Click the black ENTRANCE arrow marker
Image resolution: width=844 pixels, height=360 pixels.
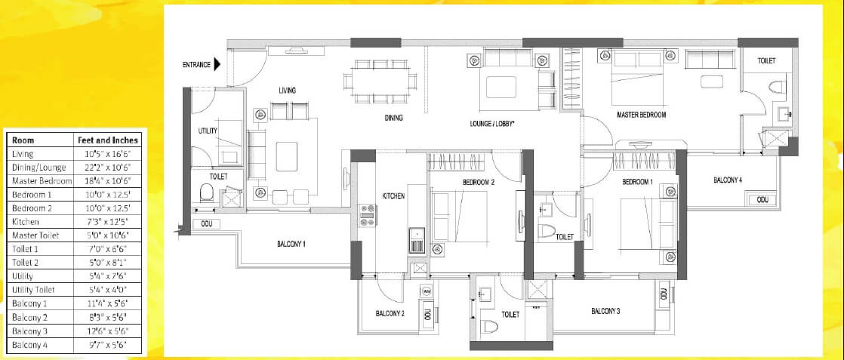(217, 65)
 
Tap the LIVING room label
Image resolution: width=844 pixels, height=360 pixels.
(287, 91)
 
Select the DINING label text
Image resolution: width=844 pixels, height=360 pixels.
(393, 118)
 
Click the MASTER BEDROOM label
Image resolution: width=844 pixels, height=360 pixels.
(641, 115)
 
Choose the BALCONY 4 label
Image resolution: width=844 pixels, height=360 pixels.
(728, 180)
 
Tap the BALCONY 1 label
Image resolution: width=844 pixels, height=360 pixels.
(291, 244)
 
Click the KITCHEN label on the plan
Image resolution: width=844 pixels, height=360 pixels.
(393, 195)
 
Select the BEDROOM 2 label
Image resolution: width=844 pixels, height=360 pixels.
(478, 183)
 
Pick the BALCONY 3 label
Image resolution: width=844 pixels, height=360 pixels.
(605, 311)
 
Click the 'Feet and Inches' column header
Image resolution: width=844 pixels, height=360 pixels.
(108, 140)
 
